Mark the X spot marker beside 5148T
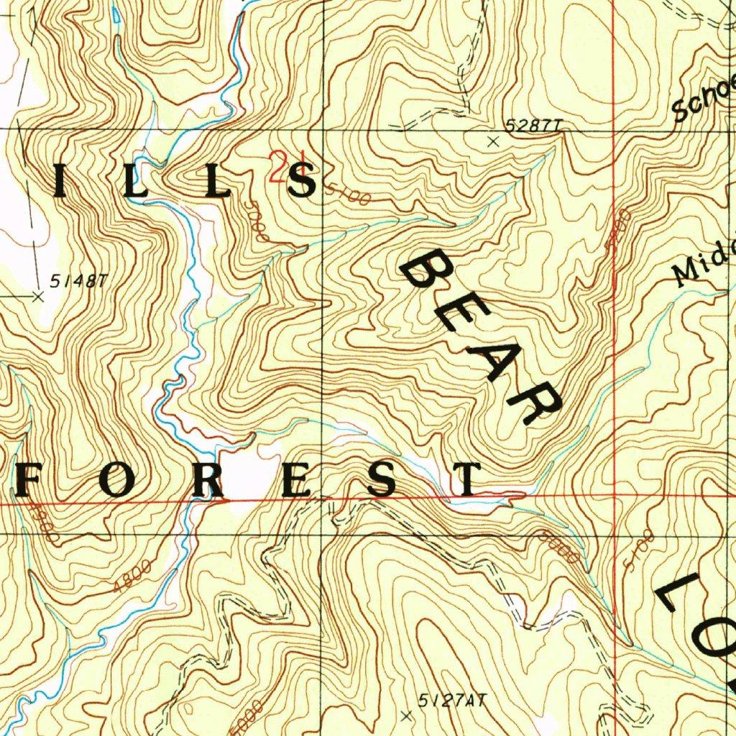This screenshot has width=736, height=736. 38,295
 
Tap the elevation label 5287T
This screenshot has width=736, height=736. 532,126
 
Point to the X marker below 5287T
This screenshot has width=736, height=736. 493,142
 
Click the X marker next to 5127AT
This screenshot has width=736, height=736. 407,716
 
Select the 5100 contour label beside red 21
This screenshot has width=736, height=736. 346,193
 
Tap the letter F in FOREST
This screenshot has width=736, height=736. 32,479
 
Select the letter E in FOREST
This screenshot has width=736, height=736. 296,479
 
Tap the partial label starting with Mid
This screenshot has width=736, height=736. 704,263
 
